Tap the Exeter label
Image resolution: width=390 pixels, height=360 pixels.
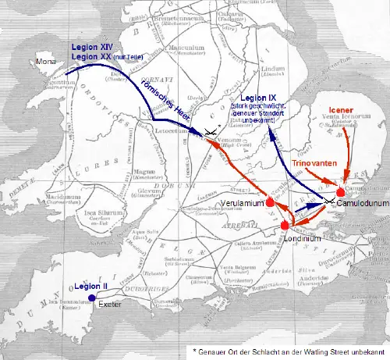(110, 303)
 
